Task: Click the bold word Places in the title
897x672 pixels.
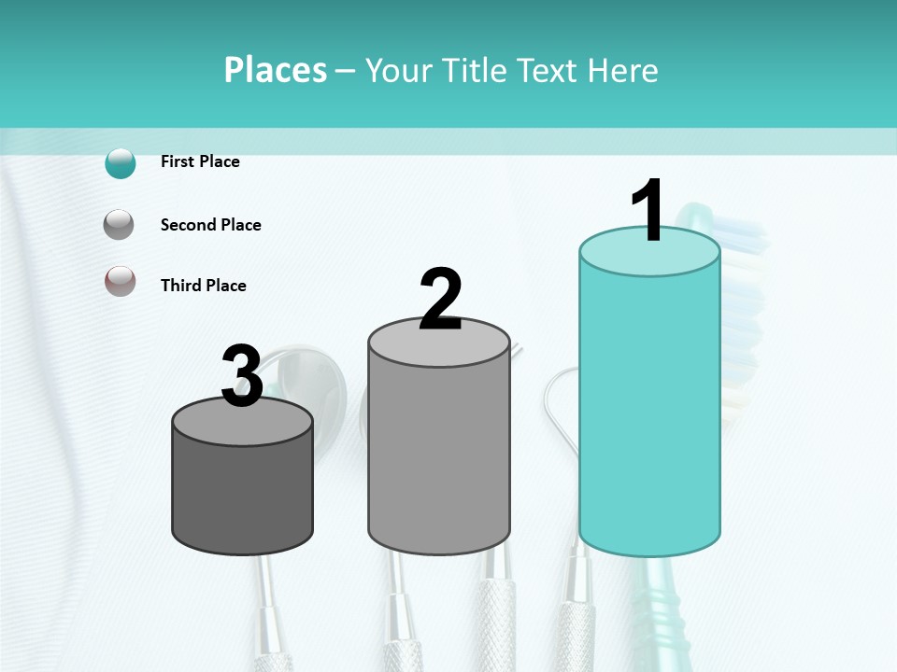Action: click(275, 70)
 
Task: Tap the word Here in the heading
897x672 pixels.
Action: click(621, 70)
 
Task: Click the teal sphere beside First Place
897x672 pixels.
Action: click(121, 163)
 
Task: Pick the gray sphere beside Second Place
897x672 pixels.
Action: click(120, 225)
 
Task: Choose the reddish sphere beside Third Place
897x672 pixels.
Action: click(120, 281)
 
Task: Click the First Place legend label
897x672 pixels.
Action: click(200, 161)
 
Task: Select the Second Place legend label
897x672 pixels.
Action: click(210, 225)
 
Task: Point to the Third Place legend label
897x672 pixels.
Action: click(203, 286)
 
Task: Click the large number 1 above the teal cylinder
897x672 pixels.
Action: click(648, 211)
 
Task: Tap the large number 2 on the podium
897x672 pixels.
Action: click(440, 300)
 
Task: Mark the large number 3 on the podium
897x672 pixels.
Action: click(242, 376)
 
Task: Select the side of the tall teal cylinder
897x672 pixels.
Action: click(649, 411)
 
